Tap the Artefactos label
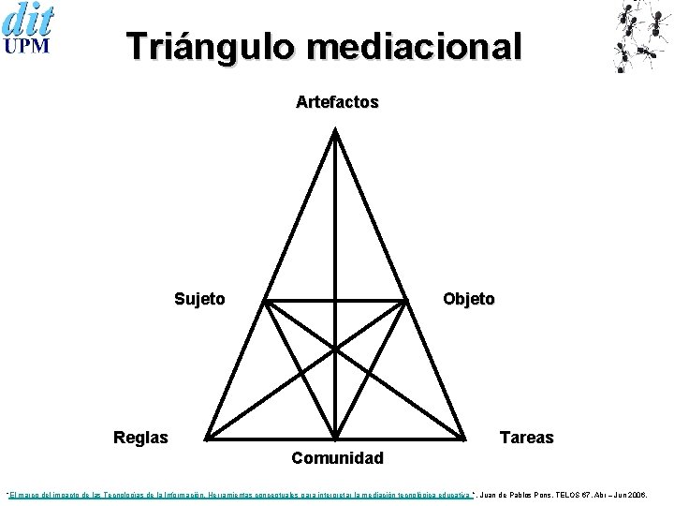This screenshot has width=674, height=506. click(337, 102)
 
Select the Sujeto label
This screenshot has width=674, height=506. click(199, 299)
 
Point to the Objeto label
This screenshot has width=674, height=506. click(469, 299)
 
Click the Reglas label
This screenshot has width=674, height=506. click(140, 438)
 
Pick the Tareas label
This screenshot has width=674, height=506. click(527, 438)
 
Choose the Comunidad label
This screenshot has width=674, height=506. click(337, 458)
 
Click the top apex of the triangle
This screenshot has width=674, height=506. click(336, 130)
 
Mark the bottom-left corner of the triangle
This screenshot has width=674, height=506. click(206, 438)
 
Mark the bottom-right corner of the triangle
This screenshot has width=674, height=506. click(465, 438)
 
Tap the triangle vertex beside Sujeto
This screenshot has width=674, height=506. click(264, 302)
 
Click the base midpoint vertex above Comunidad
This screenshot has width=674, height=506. click(336, 438)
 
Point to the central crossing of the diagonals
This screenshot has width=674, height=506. click(336, 348)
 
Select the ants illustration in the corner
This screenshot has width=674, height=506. click(643, 36)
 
